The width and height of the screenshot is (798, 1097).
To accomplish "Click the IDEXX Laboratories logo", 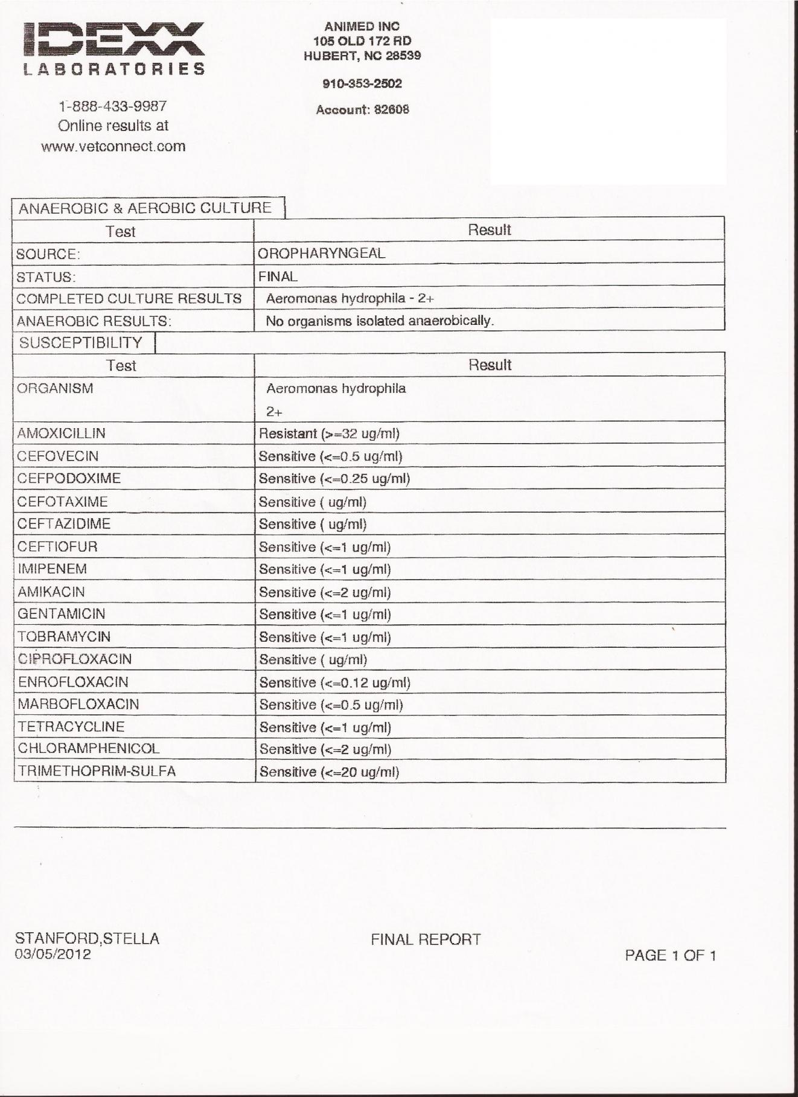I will [114, 48].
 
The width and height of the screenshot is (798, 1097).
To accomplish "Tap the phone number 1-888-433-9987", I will [113, 106].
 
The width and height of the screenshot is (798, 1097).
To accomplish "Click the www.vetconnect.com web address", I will [113, 146].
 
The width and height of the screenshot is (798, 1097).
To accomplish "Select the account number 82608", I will [391, 110].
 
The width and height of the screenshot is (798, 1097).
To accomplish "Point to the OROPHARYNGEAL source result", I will [321, 254].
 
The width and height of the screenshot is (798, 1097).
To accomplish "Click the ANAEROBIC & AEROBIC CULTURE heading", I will [145, 208].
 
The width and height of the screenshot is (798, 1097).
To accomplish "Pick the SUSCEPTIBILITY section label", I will [81, 343].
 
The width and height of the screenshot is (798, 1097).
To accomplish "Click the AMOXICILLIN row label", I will [61, 433].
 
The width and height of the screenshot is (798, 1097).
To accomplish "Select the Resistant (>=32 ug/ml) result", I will [329, 433].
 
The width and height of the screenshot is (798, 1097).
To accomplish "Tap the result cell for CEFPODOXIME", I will [334, 479].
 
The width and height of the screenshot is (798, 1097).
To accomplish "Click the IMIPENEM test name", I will [53, 569].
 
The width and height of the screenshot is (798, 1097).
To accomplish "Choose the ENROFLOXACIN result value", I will [334, 683].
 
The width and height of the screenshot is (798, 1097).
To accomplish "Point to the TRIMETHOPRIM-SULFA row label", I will [97, 771].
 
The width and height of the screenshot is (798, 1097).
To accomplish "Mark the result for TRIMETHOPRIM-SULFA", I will [329, 772].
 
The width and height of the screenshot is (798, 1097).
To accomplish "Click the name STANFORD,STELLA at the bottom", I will [87, 938].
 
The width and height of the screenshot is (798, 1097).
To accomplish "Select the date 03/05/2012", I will [53, 955].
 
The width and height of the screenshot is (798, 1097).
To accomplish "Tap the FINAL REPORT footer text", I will [426, 939].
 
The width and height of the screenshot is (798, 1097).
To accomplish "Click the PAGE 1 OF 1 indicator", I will [670, 955].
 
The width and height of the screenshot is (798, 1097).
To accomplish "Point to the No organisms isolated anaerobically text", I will [380, 321].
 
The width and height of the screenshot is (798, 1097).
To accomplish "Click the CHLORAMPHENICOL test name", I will [89, 749].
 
